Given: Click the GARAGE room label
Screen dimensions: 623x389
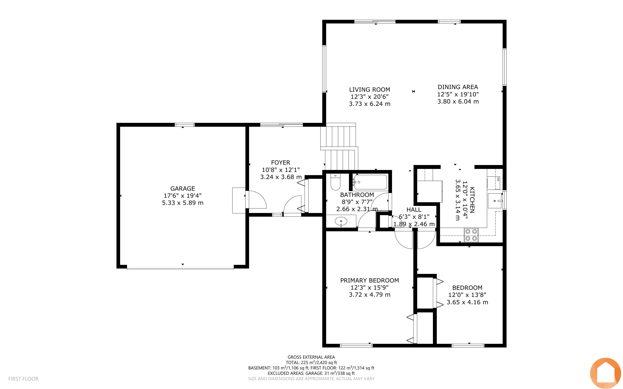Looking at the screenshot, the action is click(x=183, y=188).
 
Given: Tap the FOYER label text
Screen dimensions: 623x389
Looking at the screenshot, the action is click(x=281, y=163).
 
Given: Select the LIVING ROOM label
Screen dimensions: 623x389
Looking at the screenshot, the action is click(x=370, y=90).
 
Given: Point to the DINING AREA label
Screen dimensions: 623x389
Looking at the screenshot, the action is click(x=458, y=87).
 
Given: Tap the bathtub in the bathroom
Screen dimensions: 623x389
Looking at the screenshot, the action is click(x=370, y=182).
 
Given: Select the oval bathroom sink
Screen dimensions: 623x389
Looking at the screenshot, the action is click(x=341, y=221).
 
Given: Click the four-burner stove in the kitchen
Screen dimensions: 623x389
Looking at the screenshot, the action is click(x=471, y=235).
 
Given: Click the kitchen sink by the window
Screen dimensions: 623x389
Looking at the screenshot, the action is click(x=495, y=201).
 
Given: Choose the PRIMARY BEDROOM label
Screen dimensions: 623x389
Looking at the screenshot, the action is click(x=370, y=280).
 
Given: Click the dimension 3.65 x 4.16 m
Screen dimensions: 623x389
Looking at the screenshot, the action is click(x=467, y=302).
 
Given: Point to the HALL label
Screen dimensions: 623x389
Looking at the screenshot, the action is click(x=414, y=210).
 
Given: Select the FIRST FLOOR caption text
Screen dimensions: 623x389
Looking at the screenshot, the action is click(x=23, y=379).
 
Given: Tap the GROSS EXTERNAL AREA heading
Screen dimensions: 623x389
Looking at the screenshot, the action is click(x=311, y=357).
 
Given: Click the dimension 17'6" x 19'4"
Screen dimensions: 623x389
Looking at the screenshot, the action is click(x=183, y=196).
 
